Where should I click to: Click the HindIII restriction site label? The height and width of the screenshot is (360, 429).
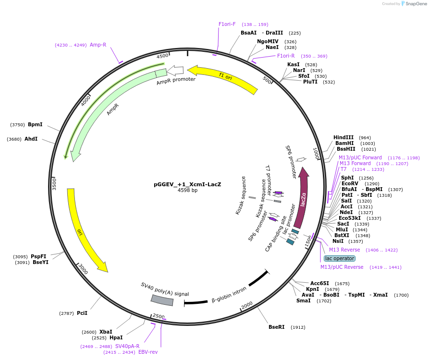click(x=343, y=137)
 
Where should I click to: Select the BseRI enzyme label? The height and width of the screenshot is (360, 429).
click(x=276, y=327)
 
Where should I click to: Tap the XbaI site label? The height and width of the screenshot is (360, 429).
click(x=106, y=332)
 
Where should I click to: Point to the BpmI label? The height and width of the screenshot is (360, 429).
click(x=35, y=125)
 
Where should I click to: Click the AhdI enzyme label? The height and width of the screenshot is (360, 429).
click(x=31, y=139)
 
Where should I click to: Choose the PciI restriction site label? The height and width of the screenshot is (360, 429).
click(x=82, y=313)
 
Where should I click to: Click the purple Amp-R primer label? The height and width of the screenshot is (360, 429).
click(x=98, y=45)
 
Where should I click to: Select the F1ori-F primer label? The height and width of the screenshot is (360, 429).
click(x=227, y=24)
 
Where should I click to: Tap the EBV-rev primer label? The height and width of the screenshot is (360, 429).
click(x=148, y=352)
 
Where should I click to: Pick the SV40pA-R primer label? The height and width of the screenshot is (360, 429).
click(x=127, y=346)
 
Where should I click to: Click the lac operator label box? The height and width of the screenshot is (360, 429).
click(x=340, y=258)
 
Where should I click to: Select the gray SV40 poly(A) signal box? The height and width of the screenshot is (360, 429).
click(x=162, y=300)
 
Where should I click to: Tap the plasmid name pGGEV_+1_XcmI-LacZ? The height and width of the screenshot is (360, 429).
click(x=187, y=184)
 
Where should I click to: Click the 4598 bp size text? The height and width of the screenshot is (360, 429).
click(x=187, y=190)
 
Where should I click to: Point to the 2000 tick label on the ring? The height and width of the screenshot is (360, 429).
click(x=247, y=305)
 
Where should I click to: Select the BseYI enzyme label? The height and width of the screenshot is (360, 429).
click(x=40, y=262)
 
